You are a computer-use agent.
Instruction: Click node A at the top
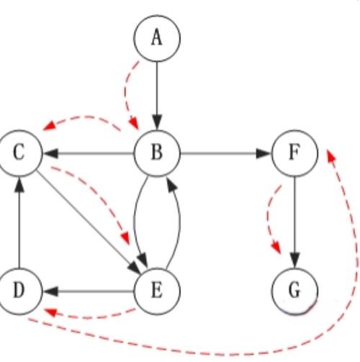click(156, 37)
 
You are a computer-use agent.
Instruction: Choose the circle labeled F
click(294, 153)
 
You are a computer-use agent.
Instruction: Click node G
click(294, 291)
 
